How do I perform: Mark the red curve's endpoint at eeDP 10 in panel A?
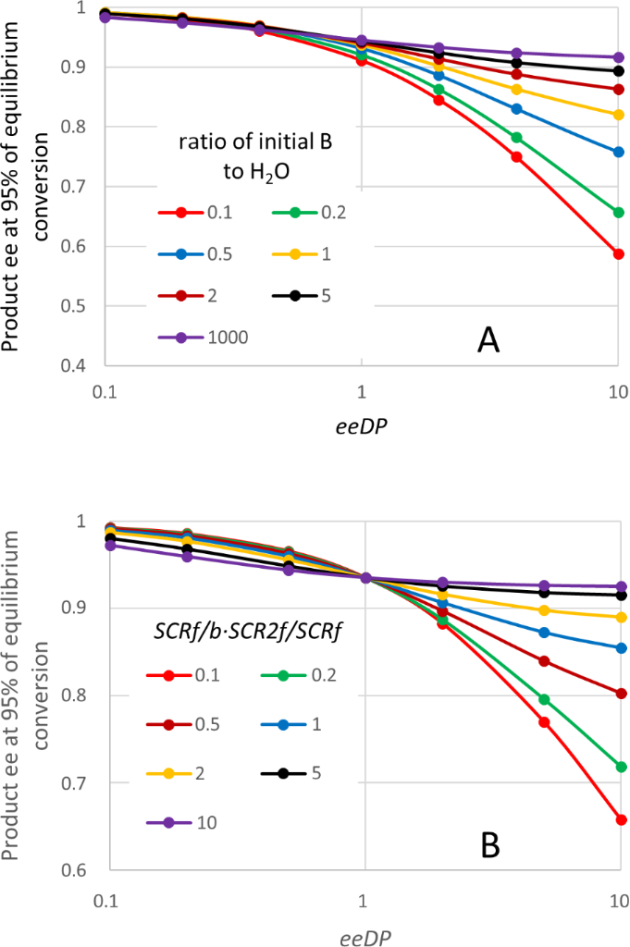coord(619,253)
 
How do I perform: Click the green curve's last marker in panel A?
coord(619,213)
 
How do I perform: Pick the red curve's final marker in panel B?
coord(620,819)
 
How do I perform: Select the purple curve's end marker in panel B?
coord(620,586)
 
